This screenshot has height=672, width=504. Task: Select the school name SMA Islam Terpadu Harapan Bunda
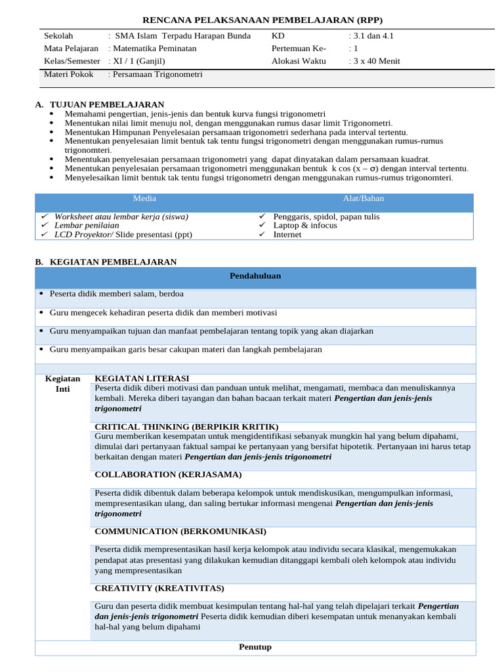click(x=182, y=36)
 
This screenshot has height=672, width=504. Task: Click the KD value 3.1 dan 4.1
click(x=373, y=36)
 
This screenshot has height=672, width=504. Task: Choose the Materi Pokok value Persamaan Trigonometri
click(x=157, y=75)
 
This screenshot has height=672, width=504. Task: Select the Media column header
click(x=144, y=198)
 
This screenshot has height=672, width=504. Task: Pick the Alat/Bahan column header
click(x=364, y=198)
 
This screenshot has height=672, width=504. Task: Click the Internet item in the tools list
click(x=287, y=234)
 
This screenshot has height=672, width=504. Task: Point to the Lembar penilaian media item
click(x=87, y=225)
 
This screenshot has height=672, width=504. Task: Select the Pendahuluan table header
click(x=255, y=276)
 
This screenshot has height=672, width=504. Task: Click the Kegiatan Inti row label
click(x=62, y=384)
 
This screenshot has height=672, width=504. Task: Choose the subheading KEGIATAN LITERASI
click(x=142, y=379)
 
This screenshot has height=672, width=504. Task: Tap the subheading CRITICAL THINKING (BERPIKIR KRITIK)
click(x=186, y=427)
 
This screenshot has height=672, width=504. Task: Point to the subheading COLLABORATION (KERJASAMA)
click(x=168, y=474)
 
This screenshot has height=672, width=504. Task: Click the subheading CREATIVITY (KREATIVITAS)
click(x=159, y=588)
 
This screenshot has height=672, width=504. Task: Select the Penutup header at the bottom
click(x=255, y=647)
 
